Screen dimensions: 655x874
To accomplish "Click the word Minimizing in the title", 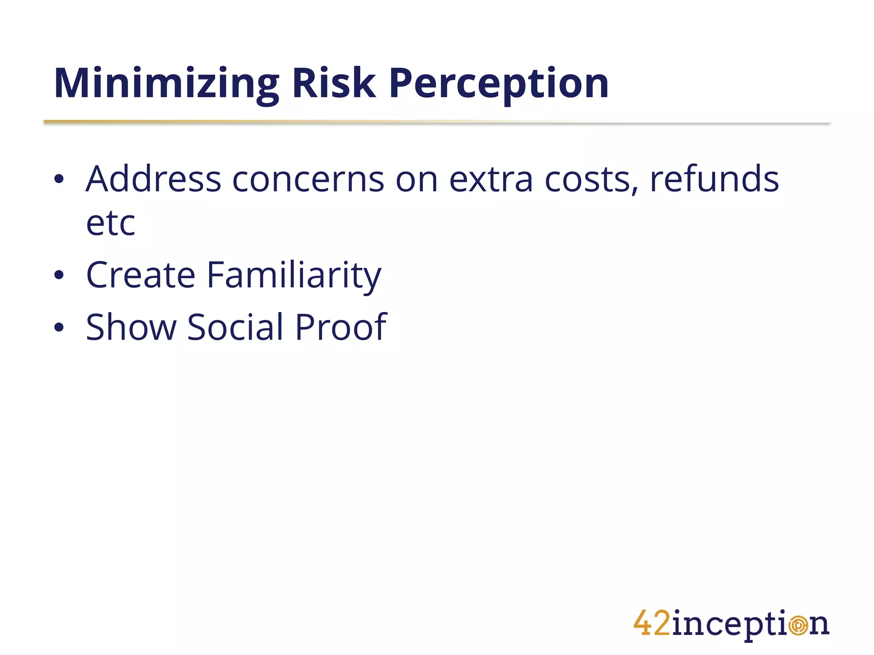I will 166,84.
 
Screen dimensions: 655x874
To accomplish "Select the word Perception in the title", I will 498,84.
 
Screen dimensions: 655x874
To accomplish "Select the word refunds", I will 714,179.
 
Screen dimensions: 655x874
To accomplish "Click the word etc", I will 111,223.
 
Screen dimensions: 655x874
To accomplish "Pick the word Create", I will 140,275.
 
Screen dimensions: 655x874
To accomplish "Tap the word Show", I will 131,327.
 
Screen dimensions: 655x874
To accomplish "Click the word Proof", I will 341,327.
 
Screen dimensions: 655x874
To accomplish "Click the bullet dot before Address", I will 59,180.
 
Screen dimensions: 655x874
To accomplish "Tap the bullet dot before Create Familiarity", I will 59,275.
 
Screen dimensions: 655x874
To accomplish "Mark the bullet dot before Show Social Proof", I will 59,327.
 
